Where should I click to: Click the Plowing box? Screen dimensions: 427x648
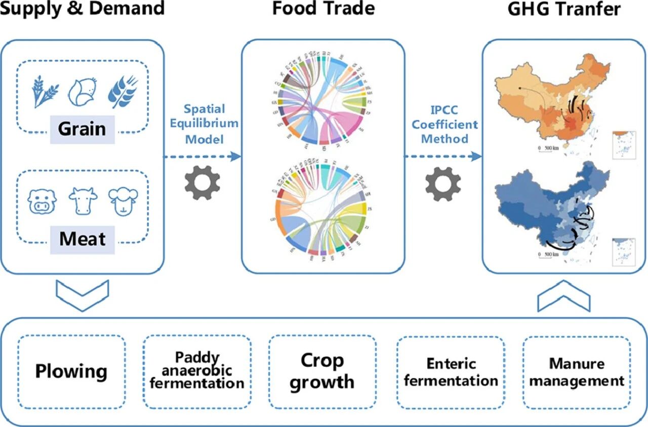coord(71,371)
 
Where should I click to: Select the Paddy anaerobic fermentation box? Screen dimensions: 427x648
coord(197,371)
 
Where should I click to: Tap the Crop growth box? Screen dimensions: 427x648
coord(322,371)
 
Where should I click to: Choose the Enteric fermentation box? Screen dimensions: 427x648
coord(451,371)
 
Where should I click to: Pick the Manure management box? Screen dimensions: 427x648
coord(577,371)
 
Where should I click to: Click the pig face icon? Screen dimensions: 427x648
coord(43,201)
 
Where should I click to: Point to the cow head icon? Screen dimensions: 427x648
coord(83,201)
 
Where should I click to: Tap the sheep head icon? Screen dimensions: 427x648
coord(123,201)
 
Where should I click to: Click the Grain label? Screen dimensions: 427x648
coord(82,129)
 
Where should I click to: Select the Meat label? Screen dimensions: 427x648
coord(82,238)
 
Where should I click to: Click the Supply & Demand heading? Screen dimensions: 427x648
coord(82,9)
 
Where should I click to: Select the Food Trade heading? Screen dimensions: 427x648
coord(323,9)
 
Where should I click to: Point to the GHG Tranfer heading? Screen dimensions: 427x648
coord(564,9)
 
